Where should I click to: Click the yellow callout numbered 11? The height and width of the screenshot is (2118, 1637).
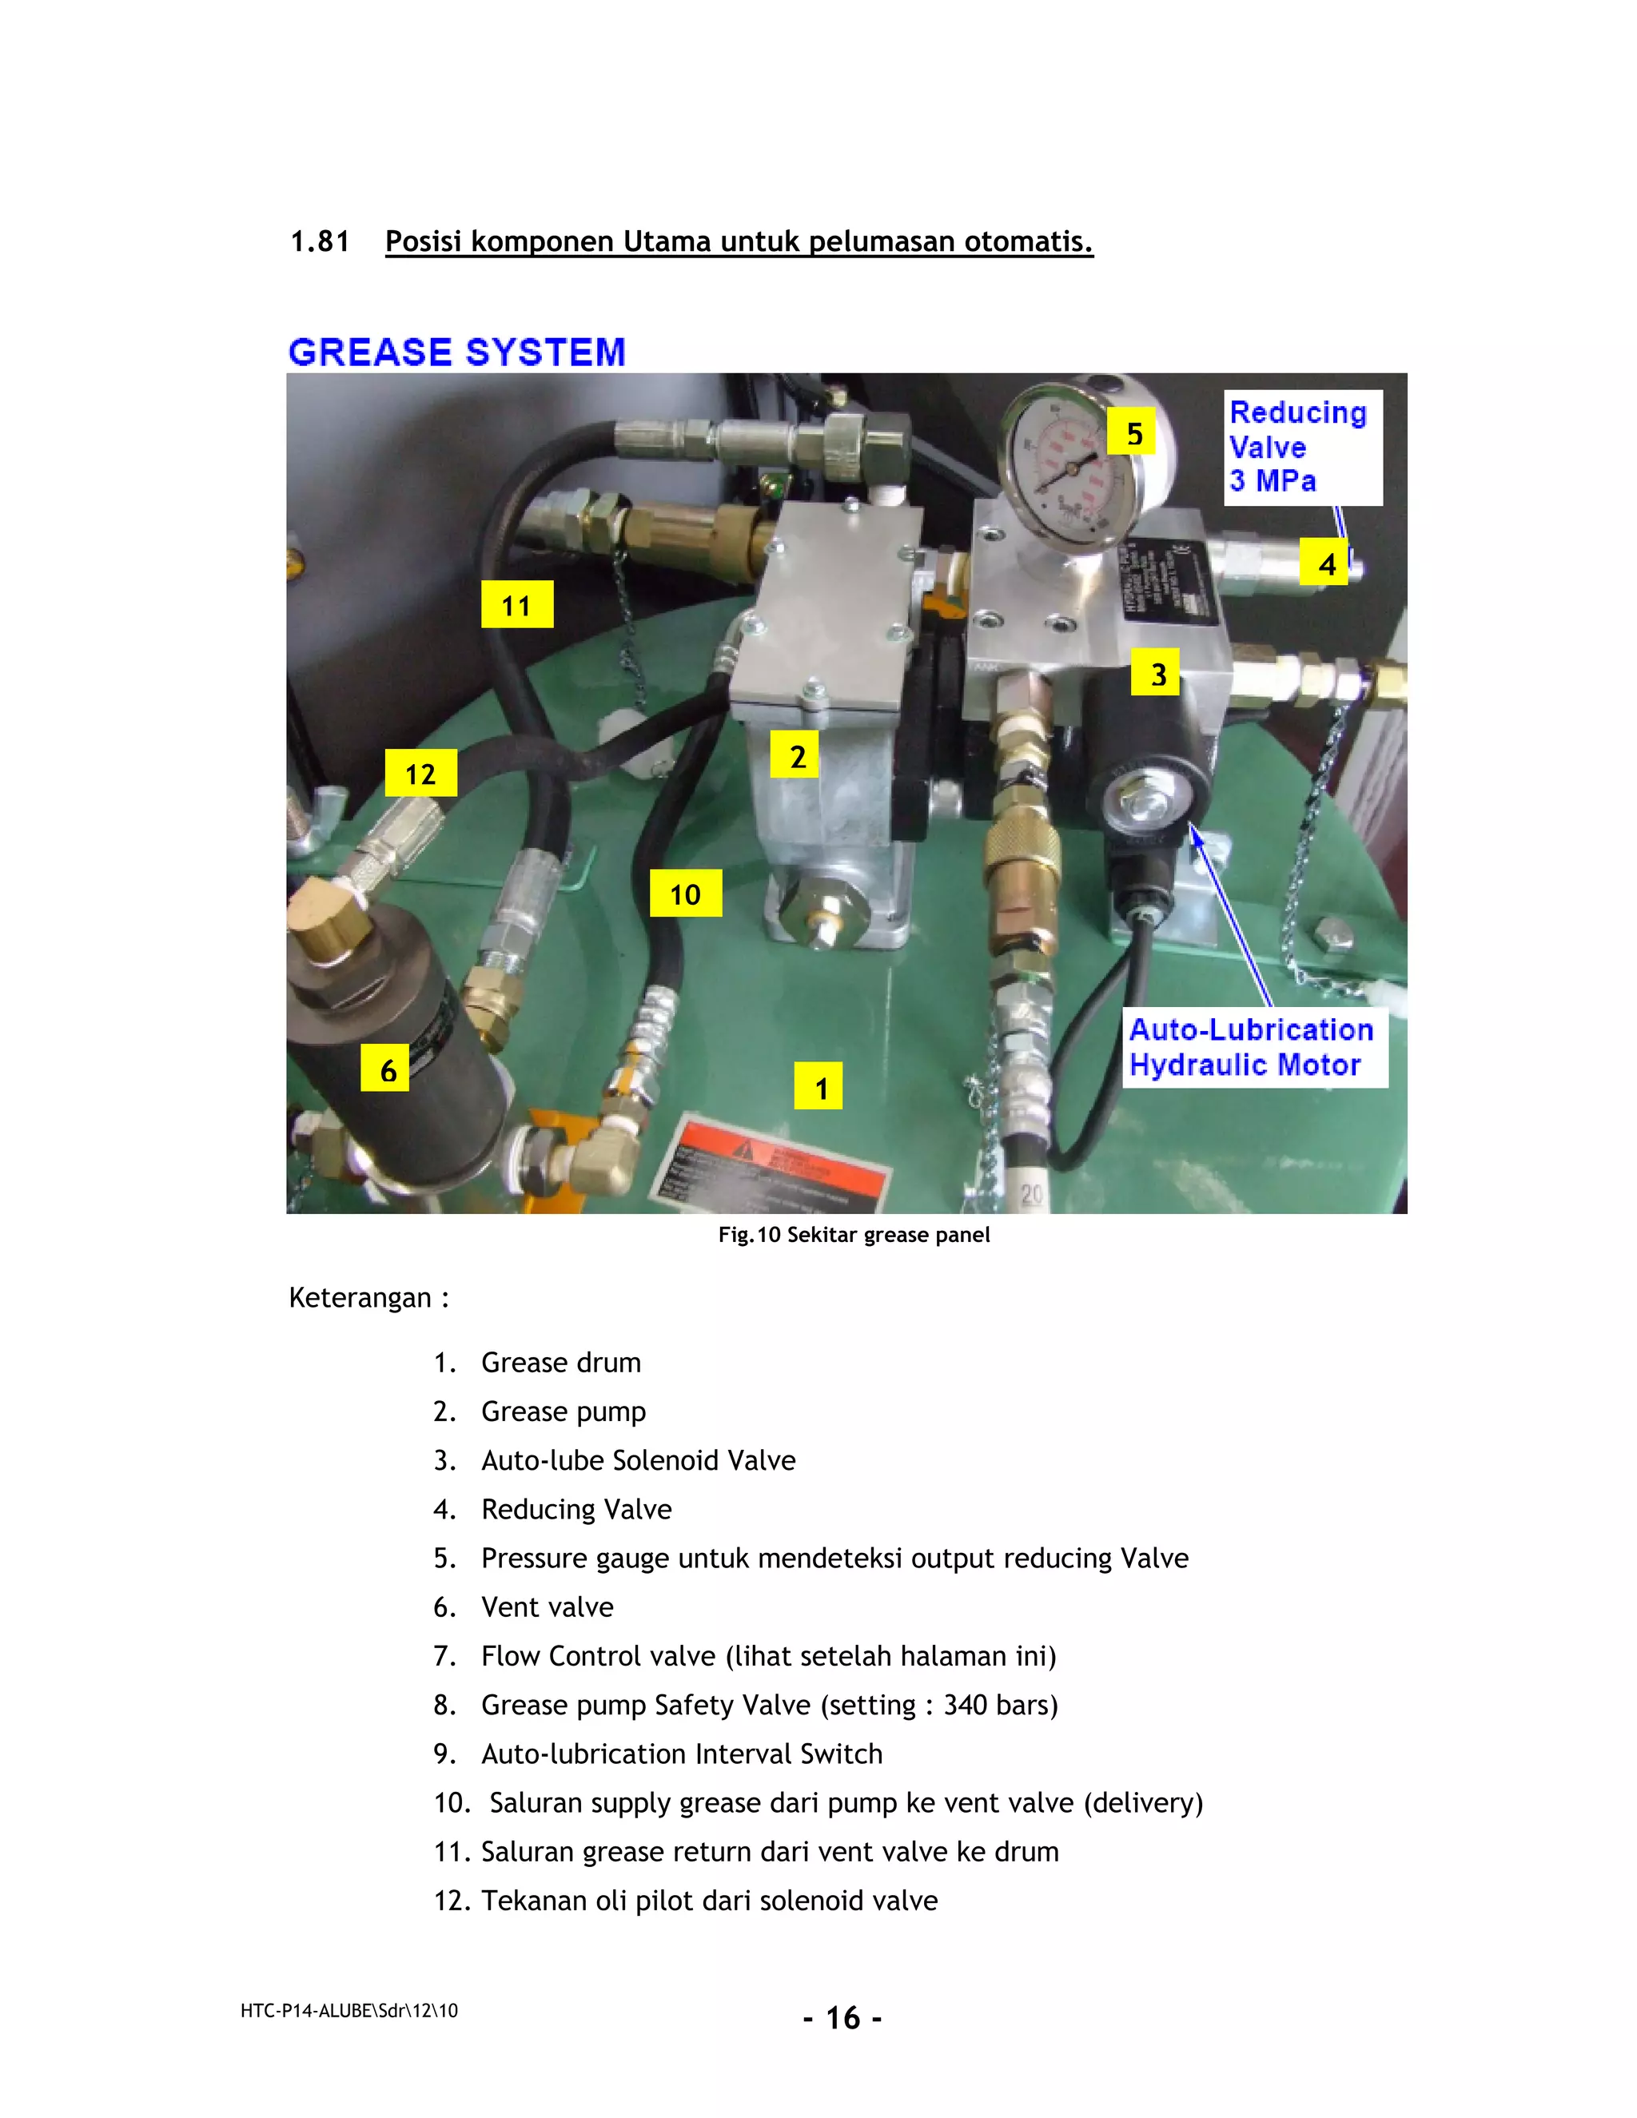click(x=517, y=604)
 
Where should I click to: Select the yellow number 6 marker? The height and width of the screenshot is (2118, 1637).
click(x=386, y=1069)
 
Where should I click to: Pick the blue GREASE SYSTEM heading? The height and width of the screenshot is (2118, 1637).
click(x=456, y=352)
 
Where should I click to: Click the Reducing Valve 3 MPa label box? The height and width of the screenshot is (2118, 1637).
click(x=1301, y=447)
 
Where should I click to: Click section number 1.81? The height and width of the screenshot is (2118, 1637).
click(x=320, y=241)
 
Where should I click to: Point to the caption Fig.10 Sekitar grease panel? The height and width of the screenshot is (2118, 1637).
click(x=854, y=1235)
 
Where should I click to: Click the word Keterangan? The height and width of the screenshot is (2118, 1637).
click(x=360, y=1297)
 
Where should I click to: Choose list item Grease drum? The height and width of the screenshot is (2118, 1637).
click(x=560, y=1363)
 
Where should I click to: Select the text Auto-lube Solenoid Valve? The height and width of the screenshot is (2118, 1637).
click(x=638, y=1460)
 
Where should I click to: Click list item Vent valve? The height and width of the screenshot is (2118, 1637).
click(x=547, y=1607)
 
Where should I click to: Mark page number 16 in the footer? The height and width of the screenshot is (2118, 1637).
click(x=842, y=2018)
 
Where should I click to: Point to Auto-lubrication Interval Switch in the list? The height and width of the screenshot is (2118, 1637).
click(x=682, y=1754)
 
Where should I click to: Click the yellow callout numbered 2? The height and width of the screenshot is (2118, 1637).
click(x=795, y=755)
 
